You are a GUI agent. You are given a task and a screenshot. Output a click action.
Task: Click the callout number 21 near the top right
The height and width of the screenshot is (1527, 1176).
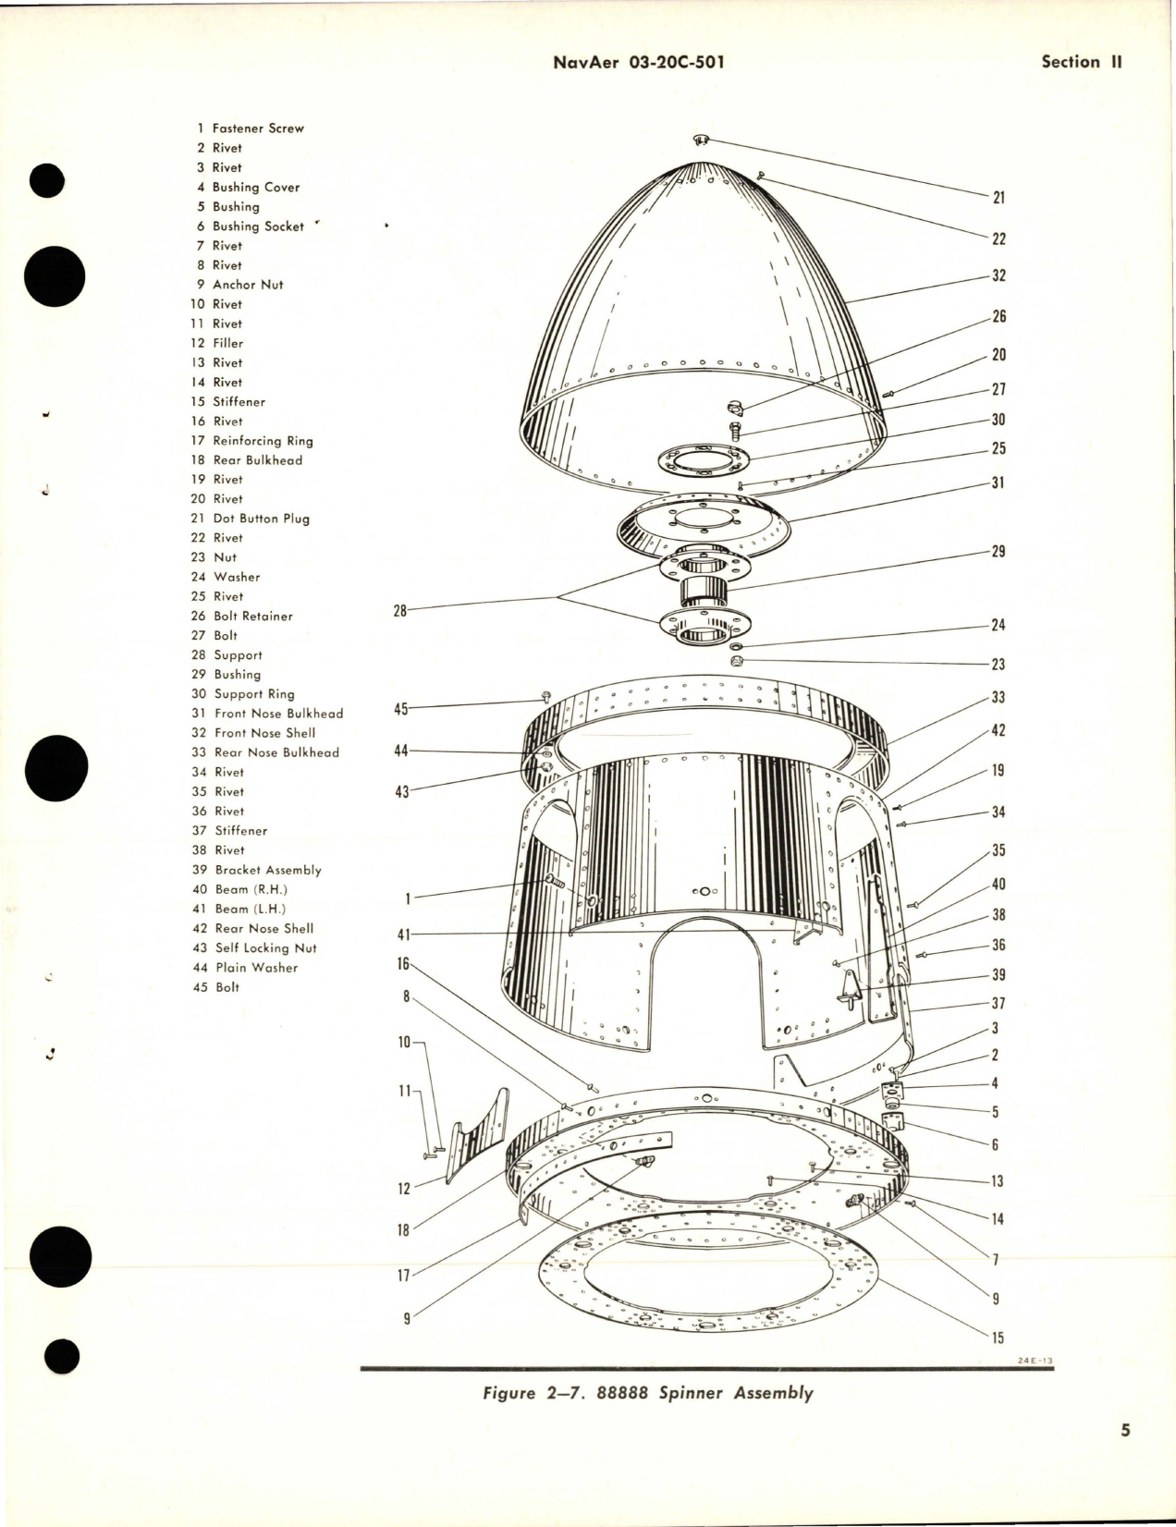tap(998, 198)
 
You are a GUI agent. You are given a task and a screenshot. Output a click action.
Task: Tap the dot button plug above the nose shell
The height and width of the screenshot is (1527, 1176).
tap(701, 140)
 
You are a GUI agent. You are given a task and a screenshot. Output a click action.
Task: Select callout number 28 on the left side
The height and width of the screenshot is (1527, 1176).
tap(400, 610)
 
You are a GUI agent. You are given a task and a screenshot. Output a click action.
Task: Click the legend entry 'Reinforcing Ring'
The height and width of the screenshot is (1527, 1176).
tap(263, 441)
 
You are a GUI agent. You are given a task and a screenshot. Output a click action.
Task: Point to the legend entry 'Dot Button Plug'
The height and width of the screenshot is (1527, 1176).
tap(261, 519)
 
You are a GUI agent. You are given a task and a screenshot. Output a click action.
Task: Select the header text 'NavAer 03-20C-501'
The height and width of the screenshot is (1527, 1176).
tap(638, 62)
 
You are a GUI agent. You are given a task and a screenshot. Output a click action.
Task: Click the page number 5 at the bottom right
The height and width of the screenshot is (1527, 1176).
tap(1125, 1457)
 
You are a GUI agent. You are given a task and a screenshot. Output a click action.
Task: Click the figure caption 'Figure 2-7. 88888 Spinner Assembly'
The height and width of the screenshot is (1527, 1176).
tap(647, 1393)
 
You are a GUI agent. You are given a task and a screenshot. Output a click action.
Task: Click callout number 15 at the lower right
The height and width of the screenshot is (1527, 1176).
tap(998, 1338)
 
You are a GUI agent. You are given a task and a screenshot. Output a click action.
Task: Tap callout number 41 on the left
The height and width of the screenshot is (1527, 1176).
tap(401, 935)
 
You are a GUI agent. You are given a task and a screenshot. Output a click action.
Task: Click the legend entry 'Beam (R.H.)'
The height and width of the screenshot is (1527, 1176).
tap(251, 889)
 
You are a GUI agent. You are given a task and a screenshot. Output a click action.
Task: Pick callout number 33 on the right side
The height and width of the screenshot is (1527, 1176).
tap(998, 698)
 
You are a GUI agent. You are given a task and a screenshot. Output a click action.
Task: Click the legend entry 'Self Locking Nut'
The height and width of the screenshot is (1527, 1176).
tap(265, 947)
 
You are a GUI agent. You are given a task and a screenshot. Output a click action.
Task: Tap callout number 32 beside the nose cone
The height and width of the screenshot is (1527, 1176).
tap(998, 275)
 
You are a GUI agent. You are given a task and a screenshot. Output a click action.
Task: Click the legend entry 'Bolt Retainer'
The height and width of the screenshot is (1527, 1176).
tap(252, 616)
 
